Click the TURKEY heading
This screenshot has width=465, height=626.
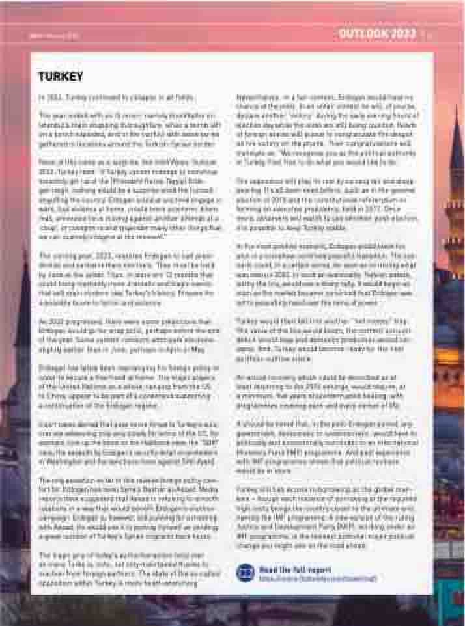61,77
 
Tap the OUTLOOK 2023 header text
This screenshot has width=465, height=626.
377,34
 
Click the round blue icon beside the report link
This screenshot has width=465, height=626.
246,573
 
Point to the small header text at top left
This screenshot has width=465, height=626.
55,34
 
